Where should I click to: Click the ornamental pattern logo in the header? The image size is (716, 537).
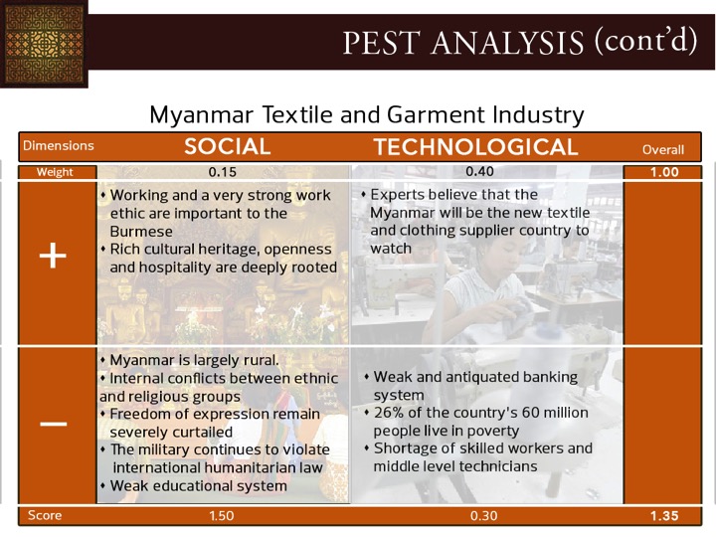tap(44, 44)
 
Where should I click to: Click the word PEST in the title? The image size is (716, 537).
tap(381, 43)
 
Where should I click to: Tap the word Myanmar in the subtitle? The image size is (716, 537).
tap(201, 114)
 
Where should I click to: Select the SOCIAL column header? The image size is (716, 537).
tap(228, 146)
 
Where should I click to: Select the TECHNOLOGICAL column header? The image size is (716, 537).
tap(475, 147)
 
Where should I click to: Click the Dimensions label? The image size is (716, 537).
tap(59, 145)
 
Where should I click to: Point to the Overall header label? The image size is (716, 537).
tap(663, 150)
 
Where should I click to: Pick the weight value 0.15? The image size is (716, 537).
tap(223, 172)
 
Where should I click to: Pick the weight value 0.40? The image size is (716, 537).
tap(479, 172)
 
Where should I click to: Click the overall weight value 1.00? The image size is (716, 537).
tap(664, 172)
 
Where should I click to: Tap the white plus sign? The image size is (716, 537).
tap(53, 256)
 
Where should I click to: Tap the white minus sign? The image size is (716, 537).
tap(54, 425)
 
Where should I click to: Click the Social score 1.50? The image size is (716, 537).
tap(222, 516)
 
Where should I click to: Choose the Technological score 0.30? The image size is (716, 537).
tap(483, 516)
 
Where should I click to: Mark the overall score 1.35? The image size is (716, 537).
tap(664, 516)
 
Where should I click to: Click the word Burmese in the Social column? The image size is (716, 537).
tap(141, 232)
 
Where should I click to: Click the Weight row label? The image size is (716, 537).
tap(55, 172)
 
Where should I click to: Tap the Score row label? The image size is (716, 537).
tap(45, 515)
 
